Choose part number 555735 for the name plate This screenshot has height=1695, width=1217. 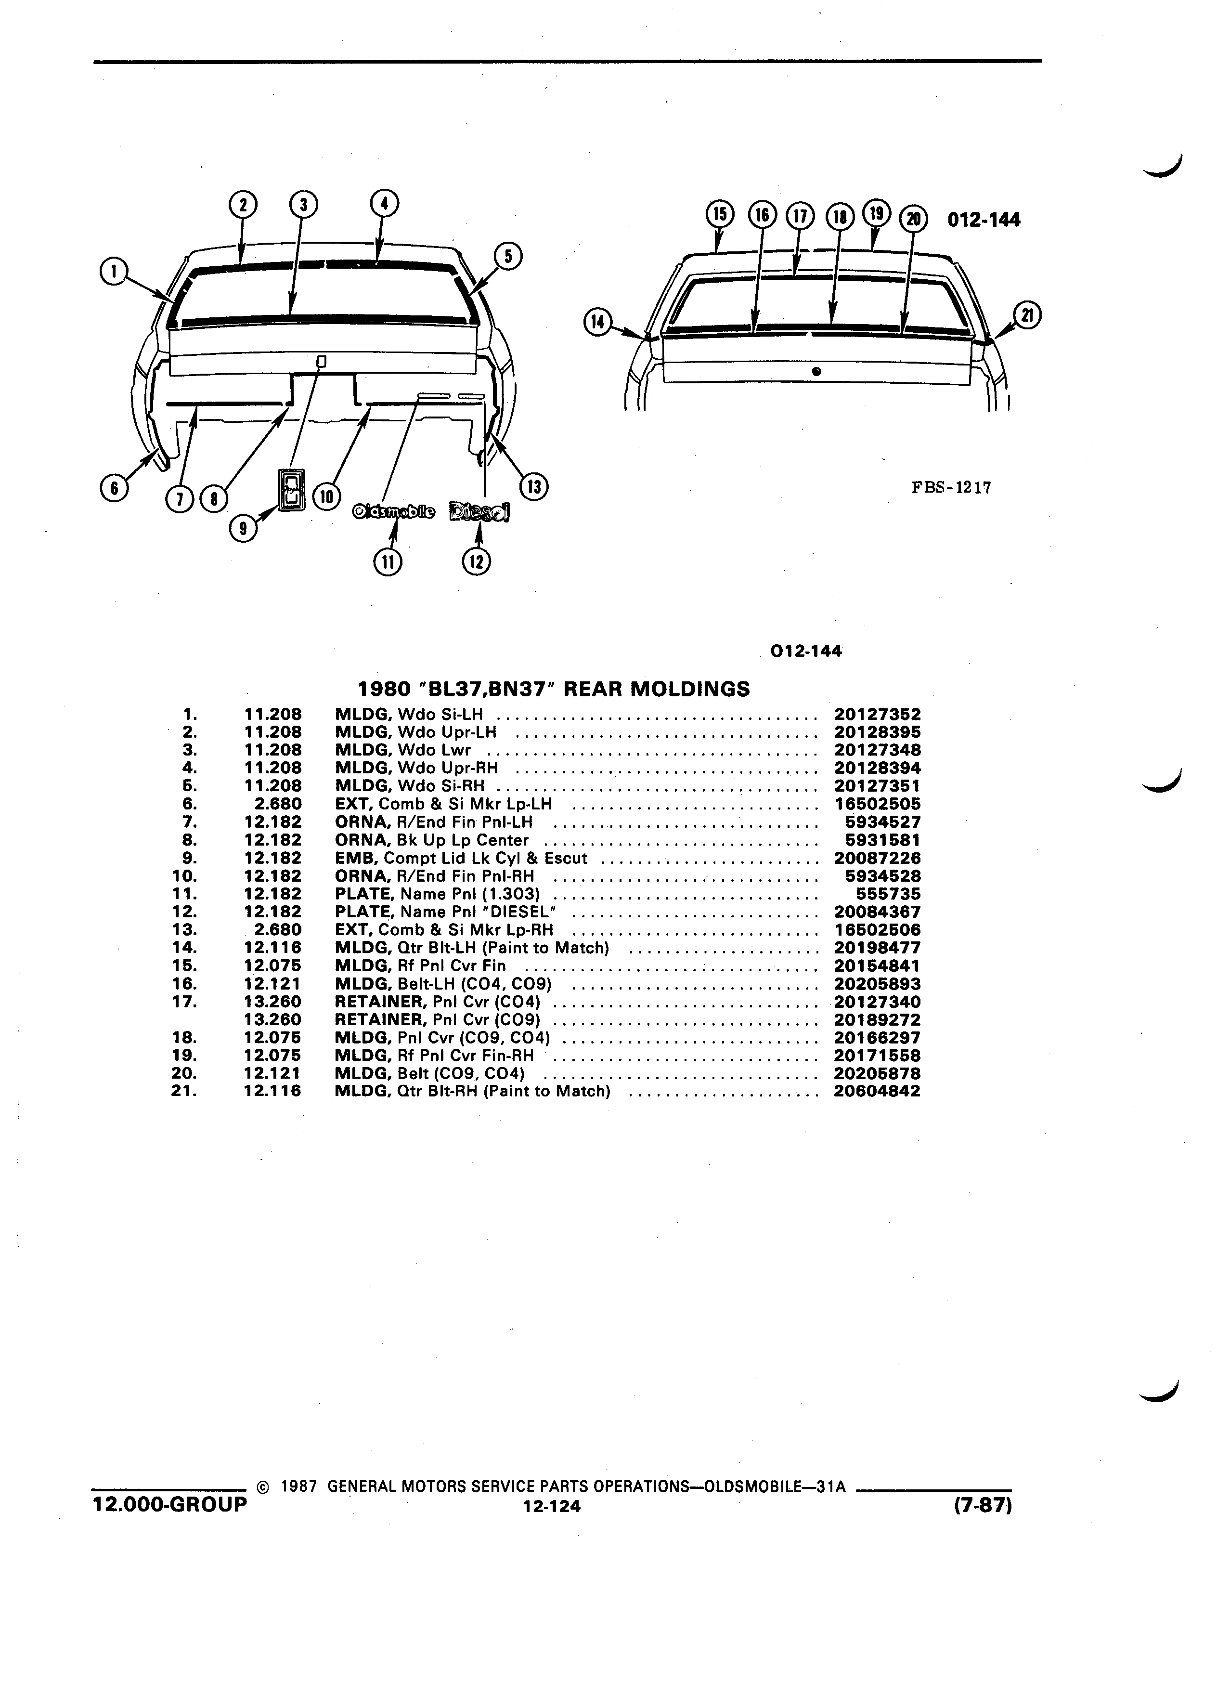(888, 894)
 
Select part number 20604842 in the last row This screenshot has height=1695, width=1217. (877, 1091)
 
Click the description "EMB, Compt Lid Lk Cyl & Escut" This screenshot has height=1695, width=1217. (461, 858)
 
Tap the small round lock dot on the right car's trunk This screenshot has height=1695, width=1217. (816, 371)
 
